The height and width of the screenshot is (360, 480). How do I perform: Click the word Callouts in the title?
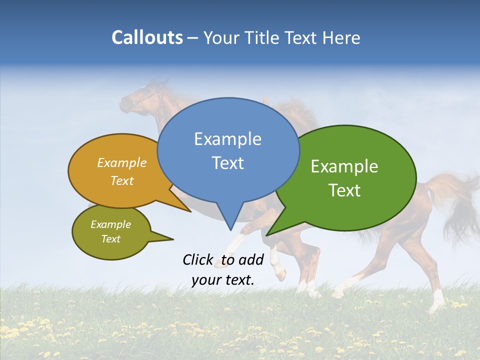(147, 38)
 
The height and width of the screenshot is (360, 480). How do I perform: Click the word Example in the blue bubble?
(227, 139)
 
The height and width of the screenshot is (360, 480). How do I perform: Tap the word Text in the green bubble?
(344, 190)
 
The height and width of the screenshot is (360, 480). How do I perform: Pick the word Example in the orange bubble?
(122, 163)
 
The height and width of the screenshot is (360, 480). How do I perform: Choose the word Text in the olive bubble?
(111, 239)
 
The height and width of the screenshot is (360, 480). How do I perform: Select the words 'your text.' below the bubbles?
(223, 280)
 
